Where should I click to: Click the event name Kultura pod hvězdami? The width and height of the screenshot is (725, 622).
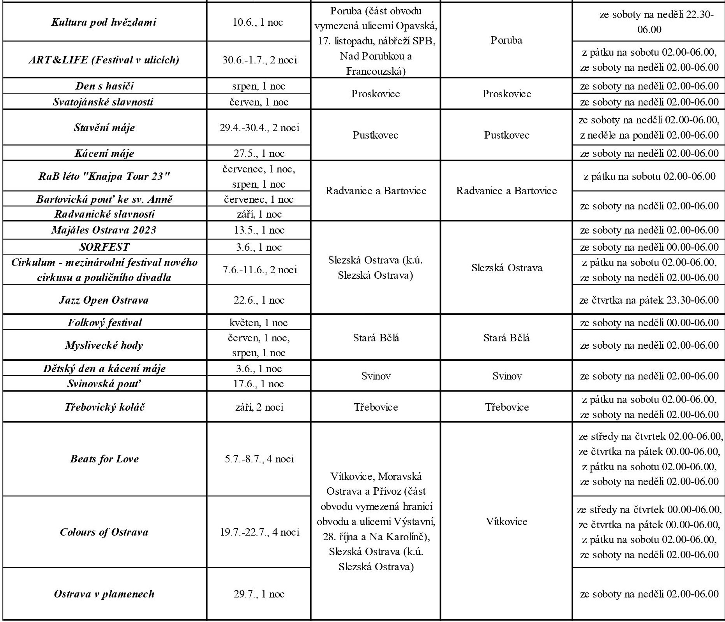[104, 22]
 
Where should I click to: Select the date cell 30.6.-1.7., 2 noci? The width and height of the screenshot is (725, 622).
[259, 60]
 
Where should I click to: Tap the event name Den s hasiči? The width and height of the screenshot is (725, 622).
[104, 86]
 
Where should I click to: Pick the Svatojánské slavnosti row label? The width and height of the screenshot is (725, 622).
[103, 102]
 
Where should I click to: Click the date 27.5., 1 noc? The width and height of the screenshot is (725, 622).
[259, 153]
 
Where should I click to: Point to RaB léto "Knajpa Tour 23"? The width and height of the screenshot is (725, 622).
[104, 176]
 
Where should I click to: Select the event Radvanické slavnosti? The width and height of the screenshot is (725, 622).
[104, 214]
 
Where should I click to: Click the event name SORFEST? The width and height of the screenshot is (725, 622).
[104, 247]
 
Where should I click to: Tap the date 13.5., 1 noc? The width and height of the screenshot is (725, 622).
[259, 230]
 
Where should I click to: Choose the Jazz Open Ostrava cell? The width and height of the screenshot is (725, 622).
[104, 300]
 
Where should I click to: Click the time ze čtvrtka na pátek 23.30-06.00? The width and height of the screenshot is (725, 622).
[649, 300]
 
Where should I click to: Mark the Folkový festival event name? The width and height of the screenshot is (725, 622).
[105, 323]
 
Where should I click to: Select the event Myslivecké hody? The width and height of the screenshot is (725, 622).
[104, 345]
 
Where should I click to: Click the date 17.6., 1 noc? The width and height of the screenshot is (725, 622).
[259, 384]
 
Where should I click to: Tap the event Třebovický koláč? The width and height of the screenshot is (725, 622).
[105, 407]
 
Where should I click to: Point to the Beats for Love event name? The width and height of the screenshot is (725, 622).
[104, 459]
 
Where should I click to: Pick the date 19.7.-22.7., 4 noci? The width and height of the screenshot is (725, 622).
[259, 532]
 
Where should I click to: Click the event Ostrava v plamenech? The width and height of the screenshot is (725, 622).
[104, 594]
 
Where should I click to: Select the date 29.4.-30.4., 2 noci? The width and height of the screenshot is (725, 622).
[259, 128]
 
